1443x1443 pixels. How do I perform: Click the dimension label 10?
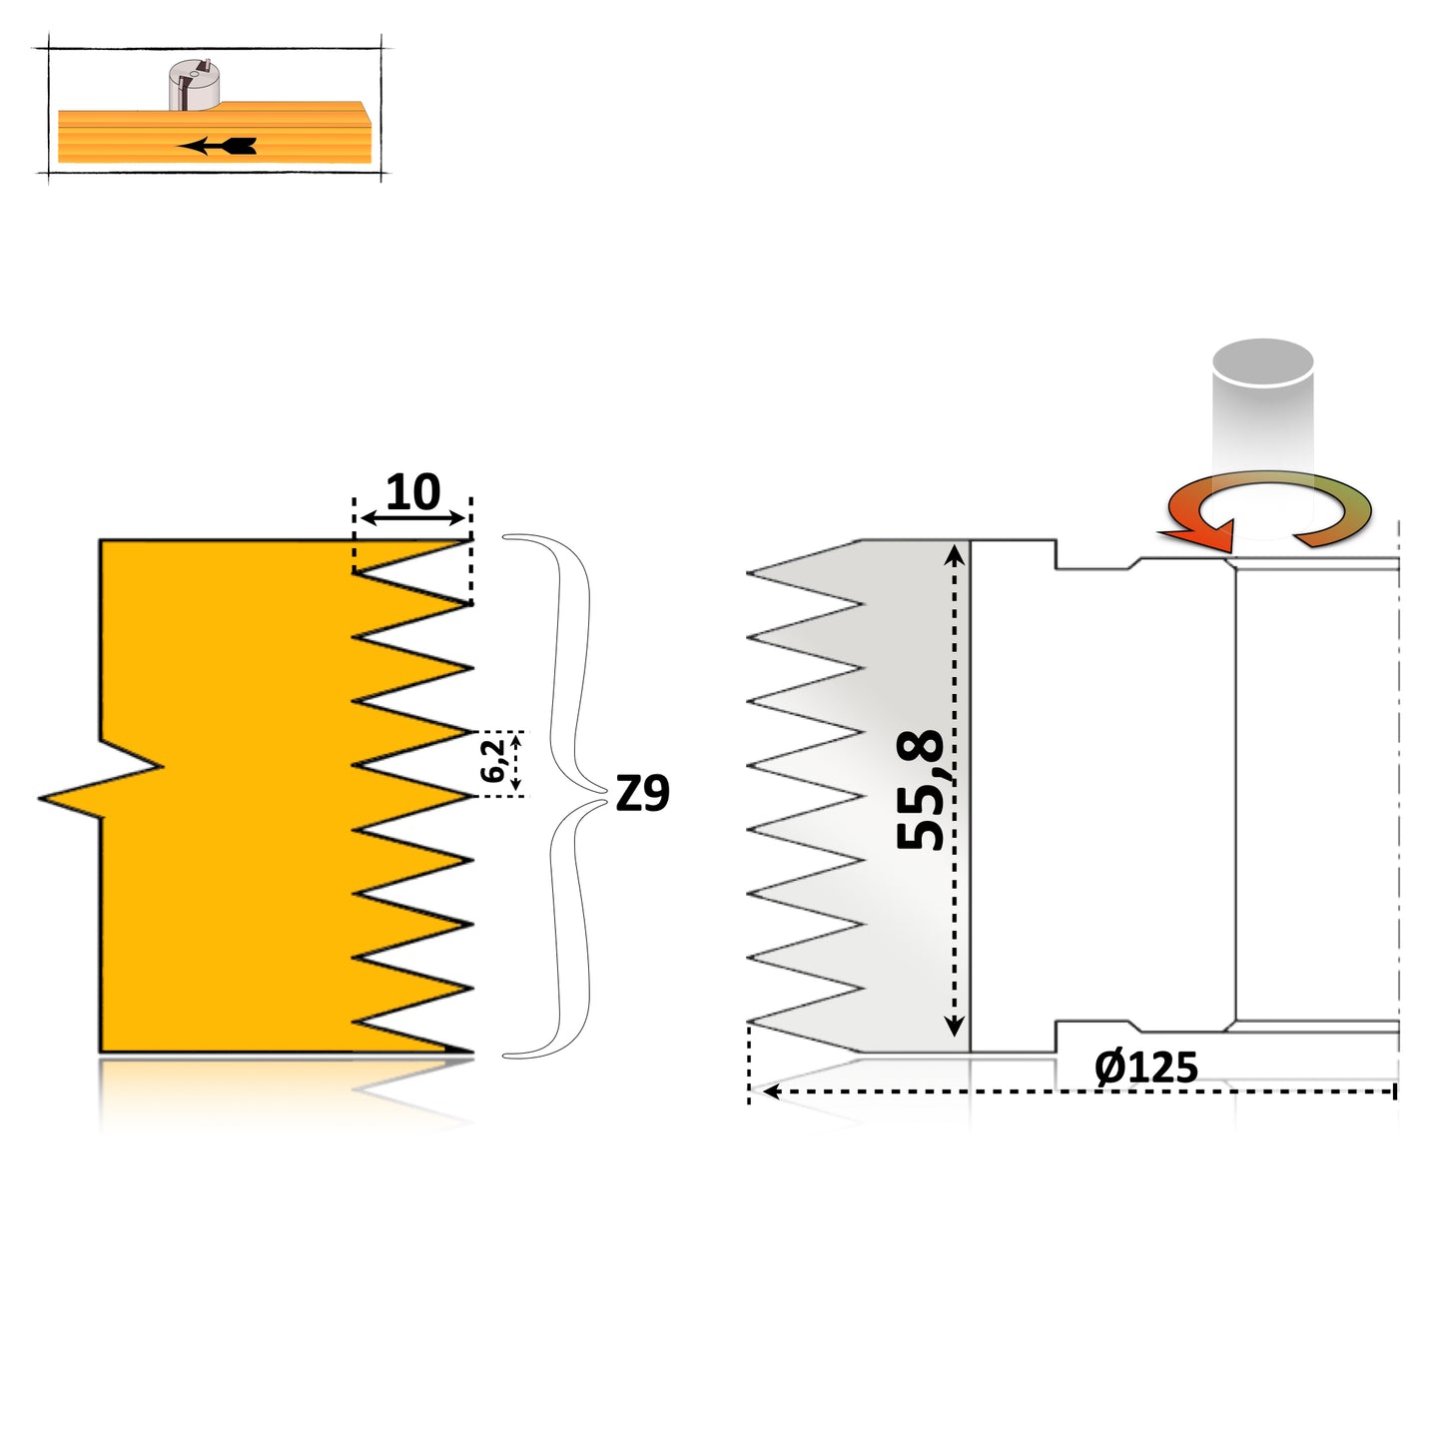pyautogui.click(x=412, y=492)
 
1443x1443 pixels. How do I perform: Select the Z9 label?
pyautogui.click(x=642, y=794)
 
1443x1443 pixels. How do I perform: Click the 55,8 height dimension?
pyautogui.click(x=920, y=790)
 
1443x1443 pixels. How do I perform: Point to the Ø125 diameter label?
pyautogui.click(x=1145, y=1068)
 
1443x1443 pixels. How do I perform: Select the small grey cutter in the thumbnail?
pyautogui.click(x=194, y=85)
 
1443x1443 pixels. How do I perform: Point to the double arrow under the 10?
pyautogui.click(x=412, y=518)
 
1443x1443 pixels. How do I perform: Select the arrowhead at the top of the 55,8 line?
pyautogui.click(x=955, y=552)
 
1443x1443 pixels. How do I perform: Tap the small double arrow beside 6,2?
pyautogui.click(x=515, y=762)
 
